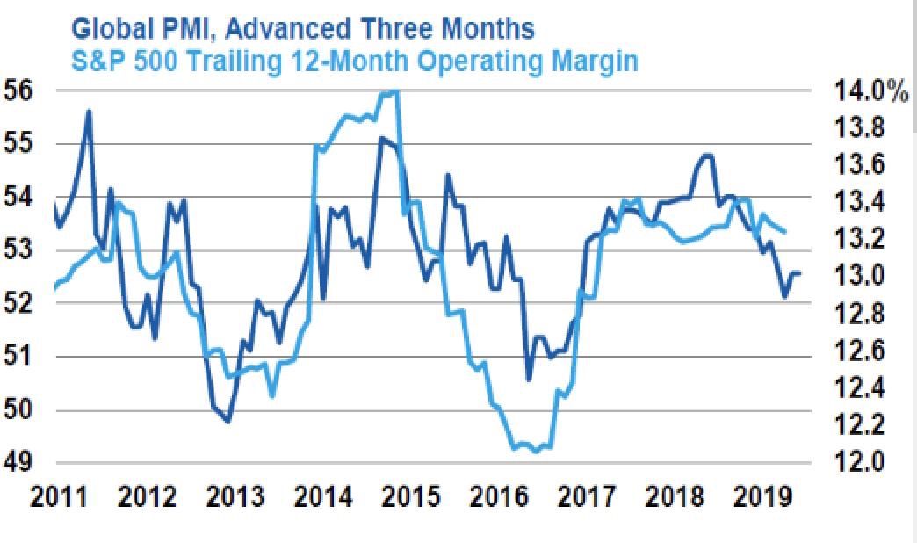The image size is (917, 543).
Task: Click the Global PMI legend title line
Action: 302,28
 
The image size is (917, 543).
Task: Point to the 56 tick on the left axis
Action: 18,90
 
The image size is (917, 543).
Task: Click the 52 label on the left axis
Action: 18,303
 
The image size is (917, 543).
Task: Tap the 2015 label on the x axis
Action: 408,498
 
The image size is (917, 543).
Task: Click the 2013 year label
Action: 234,498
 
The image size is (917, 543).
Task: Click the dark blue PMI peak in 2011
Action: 89,111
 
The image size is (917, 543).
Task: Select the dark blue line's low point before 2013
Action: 228,422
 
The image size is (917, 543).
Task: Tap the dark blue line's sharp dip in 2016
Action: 529,380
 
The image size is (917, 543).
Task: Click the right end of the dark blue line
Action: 799,272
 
